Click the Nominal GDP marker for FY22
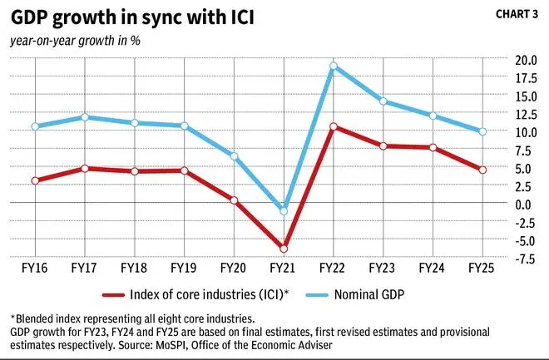(x=333, y=66)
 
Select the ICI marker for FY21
(x=284, y=249)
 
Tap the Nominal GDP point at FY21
(x=284, y=211)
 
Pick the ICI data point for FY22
(x=333, y=126)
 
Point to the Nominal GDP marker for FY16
(x=35, y=126)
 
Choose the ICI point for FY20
(x=234, y=200)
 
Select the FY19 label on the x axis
(x=184, y=269)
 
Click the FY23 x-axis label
(x=383, y=269)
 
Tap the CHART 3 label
(x=517, y=14)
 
